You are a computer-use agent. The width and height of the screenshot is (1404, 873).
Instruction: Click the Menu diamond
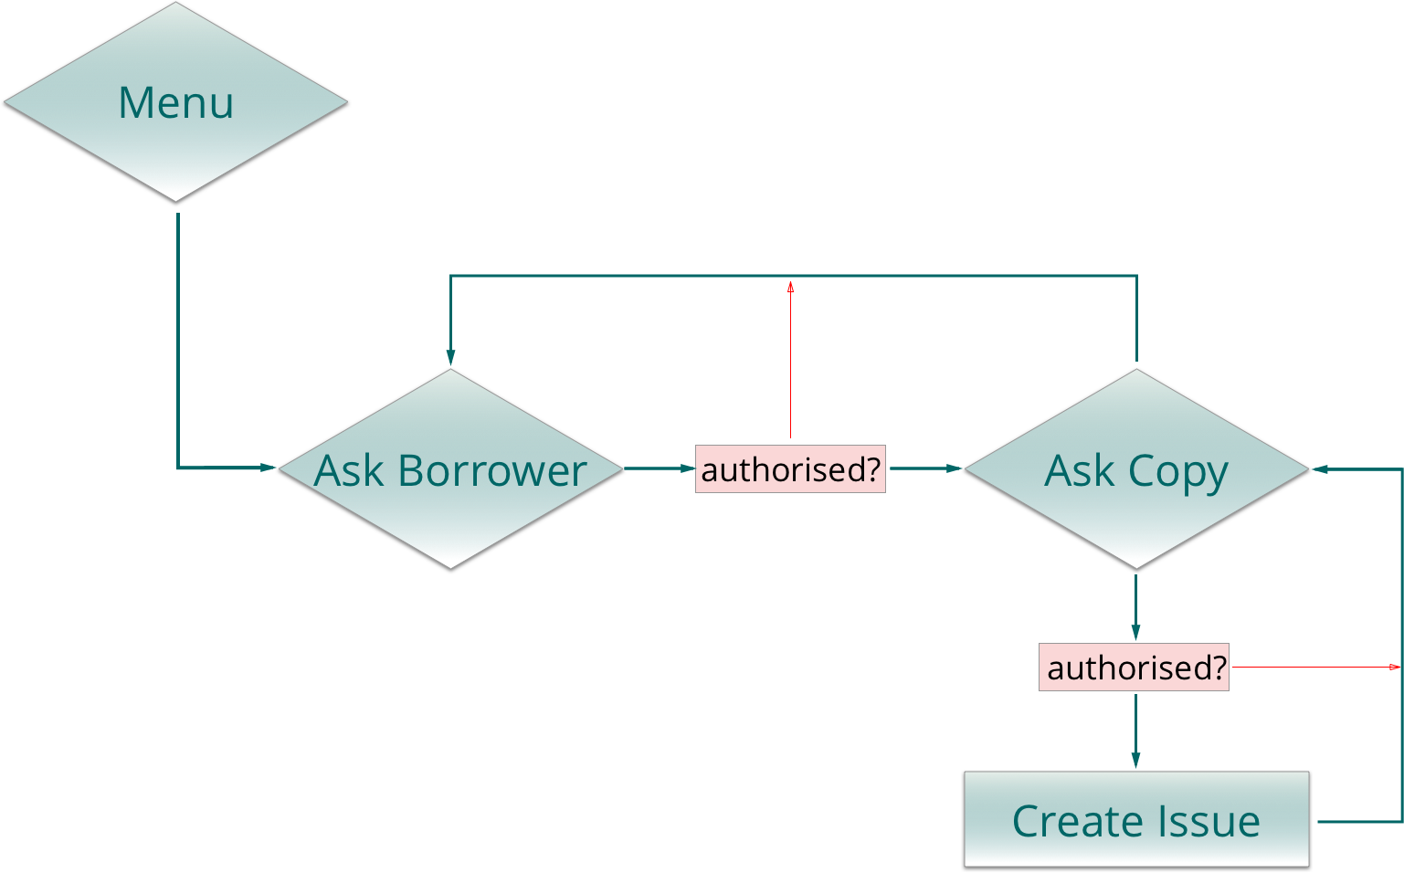175,101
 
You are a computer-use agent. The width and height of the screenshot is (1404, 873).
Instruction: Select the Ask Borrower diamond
449,469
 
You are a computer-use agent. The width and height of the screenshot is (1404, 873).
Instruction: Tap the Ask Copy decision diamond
1135,468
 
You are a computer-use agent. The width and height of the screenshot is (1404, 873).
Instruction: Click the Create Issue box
1135,818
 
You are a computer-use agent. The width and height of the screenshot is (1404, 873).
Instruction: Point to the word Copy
1177,472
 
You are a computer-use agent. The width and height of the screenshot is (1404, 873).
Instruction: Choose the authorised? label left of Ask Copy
790,469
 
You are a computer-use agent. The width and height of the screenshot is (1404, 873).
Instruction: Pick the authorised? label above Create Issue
1135,668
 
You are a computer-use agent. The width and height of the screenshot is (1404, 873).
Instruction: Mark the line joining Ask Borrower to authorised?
653,468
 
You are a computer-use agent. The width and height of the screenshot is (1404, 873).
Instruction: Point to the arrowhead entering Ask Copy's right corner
1318,468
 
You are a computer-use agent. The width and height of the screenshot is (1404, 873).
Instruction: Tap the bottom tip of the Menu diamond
175,197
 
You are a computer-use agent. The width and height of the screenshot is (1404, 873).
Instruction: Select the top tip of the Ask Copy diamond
1135,370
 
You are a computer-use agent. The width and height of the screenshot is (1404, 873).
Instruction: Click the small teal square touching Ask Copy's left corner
954,468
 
